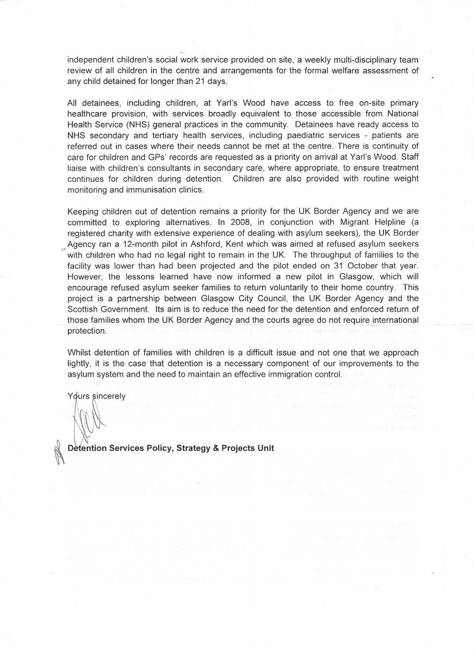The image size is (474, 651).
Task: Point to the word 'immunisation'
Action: [145, 189]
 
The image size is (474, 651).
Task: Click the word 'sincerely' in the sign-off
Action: [109, 396]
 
